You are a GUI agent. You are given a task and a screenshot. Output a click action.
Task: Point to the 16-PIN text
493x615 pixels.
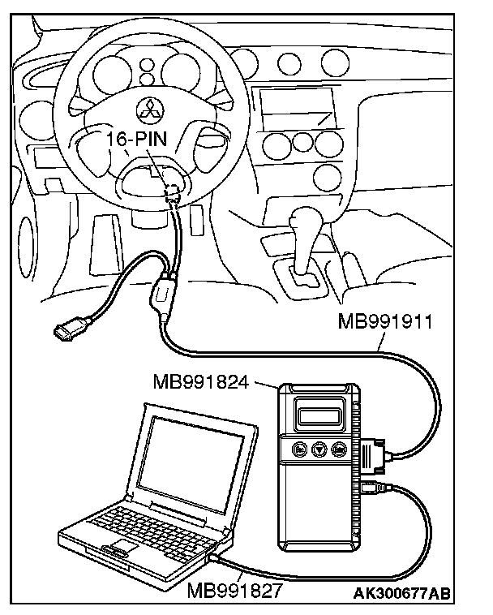coord(136,140)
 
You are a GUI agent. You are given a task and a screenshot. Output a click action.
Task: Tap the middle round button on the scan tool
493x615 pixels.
coord(319,449)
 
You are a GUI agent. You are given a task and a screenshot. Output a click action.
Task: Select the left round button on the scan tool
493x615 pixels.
coord(299,449)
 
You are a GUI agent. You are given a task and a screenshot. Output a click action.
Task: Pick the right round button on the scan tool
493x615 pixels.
coord(339,449)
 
